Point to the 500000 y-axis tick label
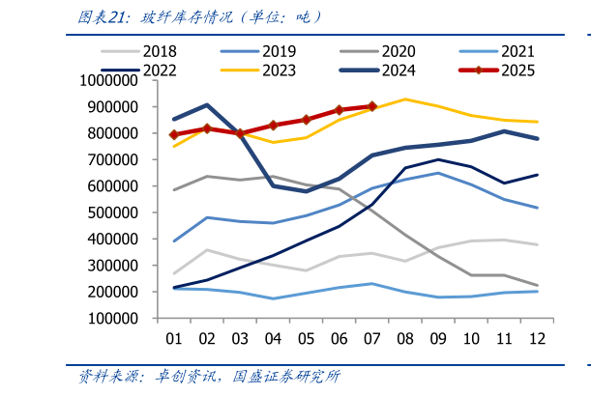coord(122,212)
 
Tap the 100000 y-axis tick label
coord(122,318)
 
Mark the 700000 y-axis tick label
coord(122,160)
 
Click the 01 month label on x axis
coord(175,338)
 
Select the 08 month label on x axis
coord(406,338)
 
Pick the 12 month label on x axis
coord(538,338)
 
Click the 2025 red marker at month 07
coord(372,106)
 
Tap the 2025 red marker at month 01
coord(175,134)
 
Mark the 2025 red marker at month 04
coord(274,125)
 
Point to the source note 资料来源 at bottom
coord(209,377)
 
